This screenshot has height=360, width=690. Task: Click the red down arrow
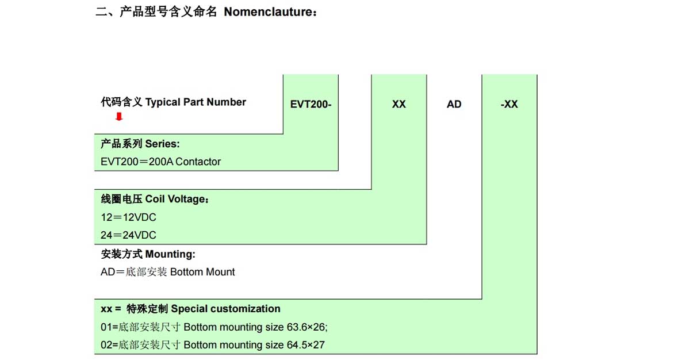pos(119,117)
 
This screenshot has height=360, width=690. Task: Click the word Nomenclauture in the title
pos(269,12)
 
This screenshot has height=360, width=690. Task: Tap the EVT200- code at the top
pos(310,104)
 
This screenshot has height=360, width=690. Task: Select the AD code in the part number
pos(454,104)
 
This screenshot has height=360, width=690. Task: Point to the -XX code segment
pos(509,104)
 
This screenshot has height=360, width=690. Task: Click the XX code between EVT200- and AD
pos(399,104)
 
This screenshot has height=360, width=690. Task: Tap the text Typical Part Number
pos(195,102)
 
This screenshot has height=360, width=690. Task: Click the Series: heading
pos(162,144)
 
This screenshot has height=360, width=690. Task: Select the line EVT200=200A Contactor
pos(160,162)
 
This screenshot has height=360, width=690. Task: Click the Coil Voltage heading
pos(177,199)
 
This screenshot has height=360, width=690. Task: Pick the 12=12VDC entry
pos(128,217)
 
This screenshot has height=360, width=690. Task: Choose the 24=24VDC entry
pos(128,235)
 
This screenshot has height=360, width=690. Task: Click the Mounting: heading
pos(170,254)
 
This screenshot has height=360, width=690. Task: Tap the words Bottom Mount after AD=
pos(202,272)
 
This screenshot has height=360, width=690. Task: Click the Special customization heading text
pos(225,309)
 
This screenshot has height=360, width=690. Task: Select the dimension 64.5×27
pos(305,345)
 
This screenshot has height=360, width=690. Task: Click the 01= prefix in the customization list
pos(109,327)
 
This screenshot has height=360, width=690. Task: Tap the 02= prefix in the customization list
pos(109,345)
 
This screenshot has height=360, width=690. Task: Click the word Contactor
pos(198,162)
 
